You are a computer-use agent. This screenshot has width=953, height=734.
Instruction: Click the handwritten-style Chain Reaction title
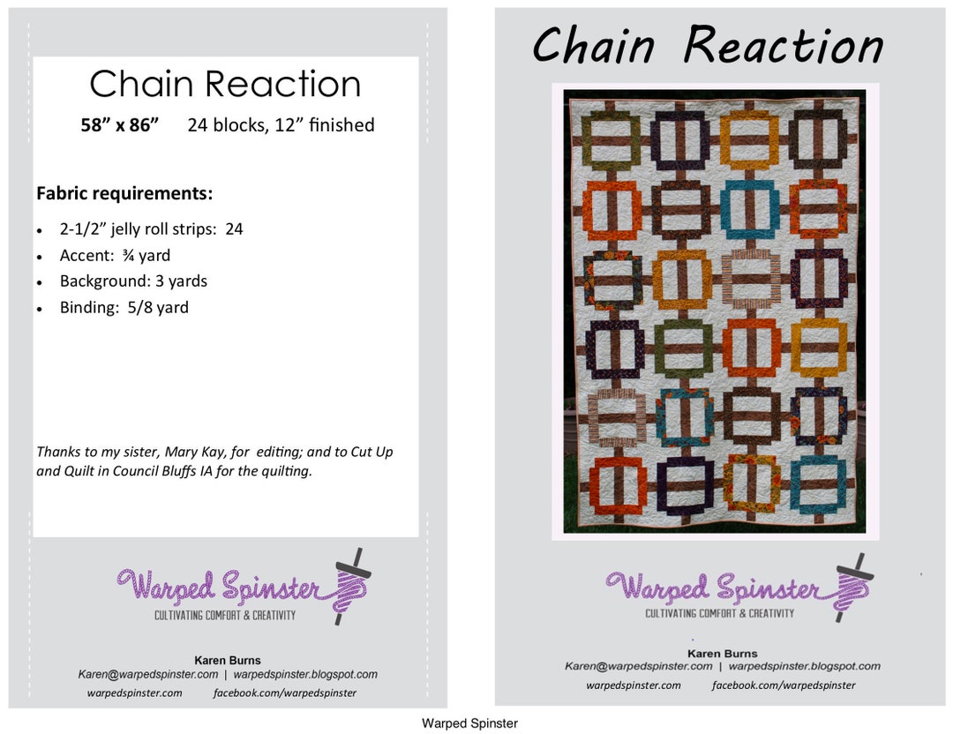[x=707, y=46]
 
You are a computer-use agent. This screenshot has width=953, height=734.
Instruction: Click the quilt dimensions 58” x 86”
[x=120, y=125]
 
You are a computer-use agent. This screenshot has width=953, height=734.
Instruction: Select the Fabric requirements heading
[x=124, y=193]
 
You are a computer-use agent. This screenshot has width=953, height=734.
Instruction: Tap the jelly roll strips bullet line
[x=151, y=229]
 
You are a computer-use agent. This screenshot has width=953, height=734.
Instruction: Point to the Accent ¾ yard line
[x=115, y=256]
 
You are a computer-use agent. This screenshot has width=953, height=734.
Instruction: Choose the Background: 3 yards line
[x=133, y=281]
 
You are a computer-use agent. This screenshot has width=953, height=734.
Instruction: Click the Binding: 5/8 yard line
[x=124, y=308]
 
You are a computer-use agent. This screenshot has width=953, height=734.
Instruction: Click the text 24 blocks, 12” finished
[x=281, y=125]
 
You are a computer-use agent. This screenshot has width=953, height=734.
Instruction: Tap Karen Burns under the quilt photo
[x=722, y=654]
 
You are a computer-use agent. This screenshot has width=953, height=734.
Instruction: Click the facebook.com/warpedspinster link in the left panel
[x=285, y=693]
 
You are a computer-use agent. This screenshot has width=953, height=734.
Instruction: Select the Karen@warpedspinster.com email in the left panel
[x=148, y=674]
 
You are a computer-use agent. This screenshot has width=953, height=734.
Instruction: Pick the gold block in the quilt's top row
[x=748, y=139]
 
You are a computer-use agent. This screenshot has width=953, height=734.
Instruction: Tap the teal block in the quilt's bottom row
[x=817, y=484]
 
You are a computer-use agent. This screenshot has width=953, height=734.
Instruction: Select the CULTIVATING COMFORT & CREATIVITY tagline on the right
[x=719, y=613]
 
